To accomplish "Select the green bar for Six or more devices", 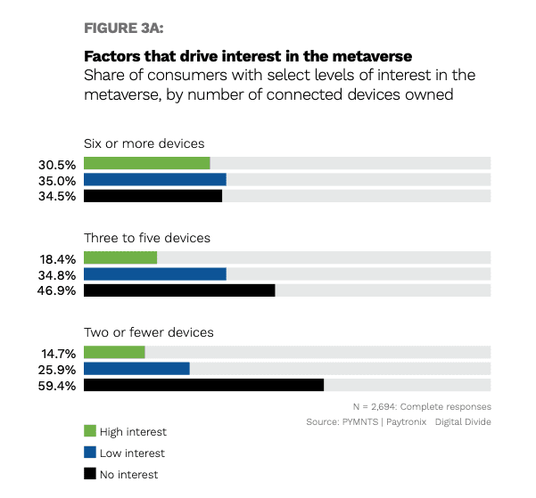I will click(146, 163).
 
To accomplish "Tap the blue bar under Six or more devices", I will click(154, 179).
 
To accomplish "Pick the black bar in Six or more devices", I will click(153, 195).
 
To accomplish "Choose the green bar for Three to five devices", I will click(120, 257).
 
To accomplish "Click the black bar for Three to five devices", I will click(179, 290).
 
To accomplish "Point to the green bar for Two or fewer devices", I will click(114, 353).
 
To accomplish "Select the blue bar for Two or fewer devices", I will click(136, 369).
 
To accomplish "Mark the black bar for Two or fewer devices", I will click(203, 385).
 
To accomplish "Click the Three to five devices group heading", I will click(147, 239).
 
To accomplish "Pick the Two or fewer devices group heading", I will click(149, 332).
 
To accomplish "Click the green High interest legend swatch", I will click(89, 432).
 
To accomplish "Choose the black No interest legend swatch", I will click(89, 474).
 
